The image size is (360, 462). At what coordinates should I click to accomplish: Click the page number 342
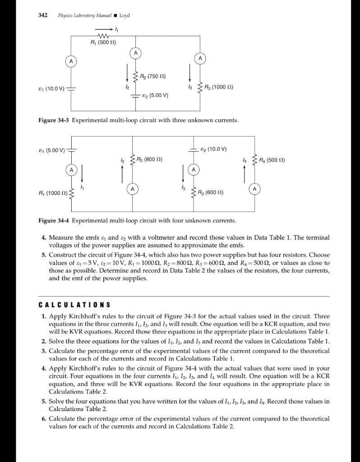tap(43, 15)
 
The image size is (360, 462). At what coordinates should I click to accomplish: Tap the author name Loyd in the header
tap(125, 15)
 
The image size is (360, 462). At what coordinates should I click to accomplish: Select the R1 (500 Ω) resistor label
tap(103, 43)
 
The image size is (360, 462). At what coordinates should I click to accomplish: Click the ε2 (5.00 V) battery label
tap(155, 95)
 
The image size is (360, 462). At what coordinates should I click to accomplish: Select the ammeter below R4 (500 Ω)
tap(255, 189)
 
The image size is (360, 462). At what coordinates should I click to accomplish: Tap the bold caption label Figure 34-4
tap(54, 221)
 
